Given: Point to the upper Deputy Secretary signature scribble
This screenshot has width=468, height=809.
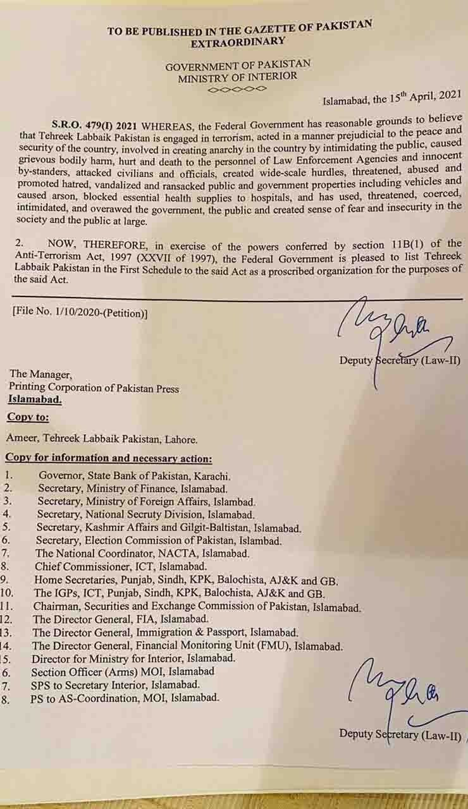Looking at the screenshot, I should click(x=379, y=328).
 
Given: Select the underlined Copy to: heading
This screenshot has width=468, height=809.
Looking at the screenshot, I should click(x=28, y=417).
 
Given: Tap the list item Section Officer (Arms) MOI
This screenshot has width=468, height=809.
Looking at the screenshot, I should click(x=123, y=671).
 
